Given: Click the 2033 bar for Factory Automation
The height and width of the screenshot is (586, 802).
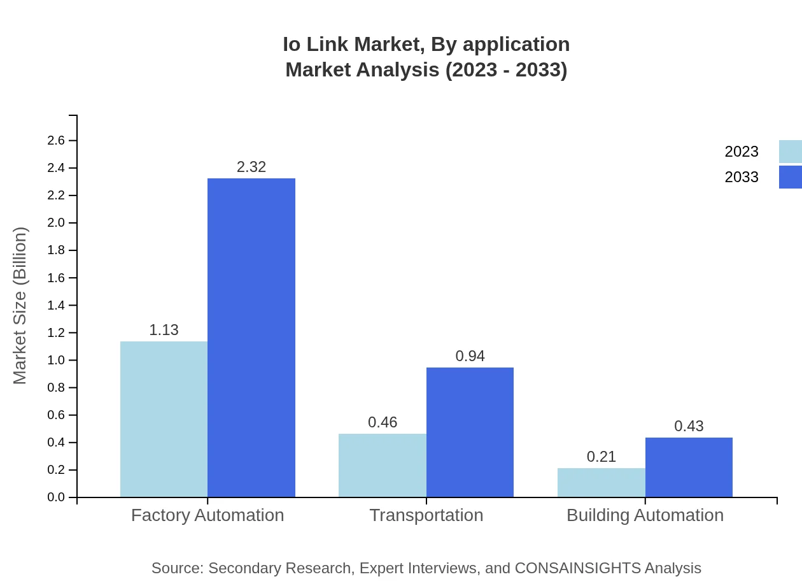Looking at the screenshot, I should [251, 338].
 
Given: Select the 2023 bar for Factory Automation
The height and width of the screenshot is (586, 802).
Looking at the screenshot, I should [164, 419].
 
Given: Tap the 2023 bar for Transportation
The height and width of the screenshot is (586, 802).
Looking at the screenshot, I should [382, 465].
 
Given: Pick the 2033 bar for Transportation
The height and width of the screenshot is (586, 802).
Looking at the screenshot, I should [470, 432].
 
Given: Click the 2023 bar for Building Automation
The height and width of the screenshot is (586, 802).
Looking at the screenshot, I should [601, 482].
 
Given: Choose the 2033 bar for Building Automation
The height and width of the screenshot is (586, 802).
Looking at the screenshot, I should [689, 467].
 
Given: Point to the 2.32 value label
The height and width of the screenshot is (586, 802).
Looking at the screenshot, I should [251, 167].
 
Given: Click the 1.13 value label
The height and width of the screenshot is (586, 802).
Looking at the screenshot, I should [164, 330].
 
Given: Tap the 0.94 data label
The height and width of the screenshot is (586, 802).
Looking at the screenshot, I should [470, 356].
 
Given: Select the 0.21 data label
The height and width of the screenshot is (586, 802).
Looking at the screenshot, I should [601, 457].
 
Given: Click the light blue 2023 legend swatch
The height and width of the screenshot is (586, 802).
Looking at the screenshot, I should [790, 152].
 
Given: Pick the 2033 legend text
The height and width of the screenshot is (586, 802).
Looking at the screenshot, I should [742, 177].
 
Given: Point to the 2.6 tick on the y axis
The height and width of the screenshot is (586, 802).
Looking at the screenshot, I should [56, 141].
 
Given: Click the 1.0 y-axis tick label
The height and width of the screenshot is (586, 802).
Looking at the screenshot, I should [56, 361].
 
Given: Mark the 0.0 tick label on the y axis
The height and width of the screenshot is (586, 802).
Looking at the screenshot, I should [56, 497].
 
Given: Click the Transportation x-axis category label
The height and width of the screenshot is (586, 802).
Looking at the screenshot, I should [426, 515].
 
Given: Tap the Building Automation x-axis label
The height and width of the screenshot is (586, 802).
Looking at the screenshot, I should [645, 515].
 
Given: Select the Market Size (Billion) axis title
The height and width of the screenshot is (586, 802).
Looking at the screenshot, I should [20, 306].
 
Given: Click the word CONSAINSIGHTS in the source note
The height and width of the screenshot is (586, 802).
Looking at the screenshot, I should [577, 568].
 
